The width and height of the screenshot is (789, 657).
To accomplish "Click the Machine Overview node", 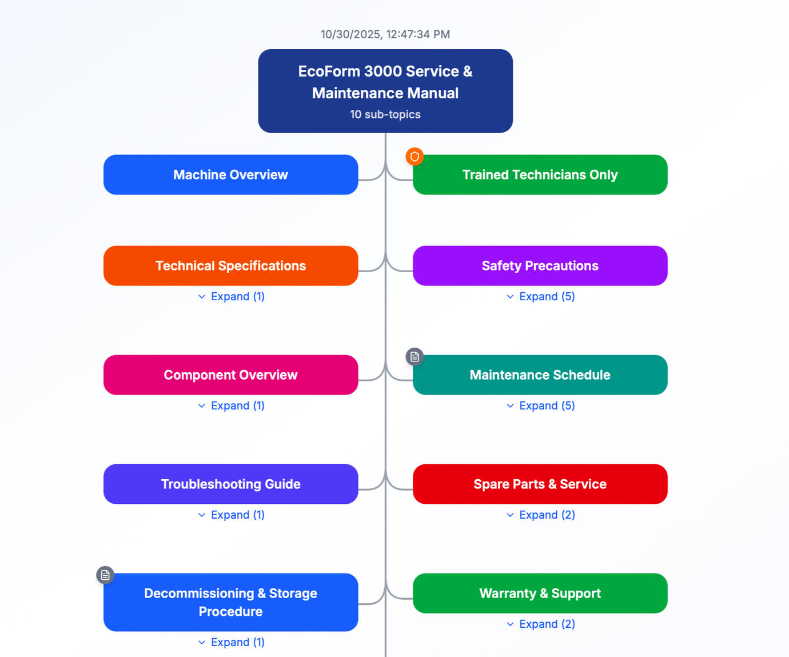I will tap(230, 175).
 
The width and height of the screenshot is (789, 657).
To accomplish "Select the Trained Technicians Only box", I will tap(540, 175).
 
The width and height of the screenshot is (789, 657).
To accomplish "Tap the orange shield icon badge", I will tap(415, 156).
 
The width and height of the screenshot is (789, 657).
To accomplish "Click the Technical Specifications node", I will tap(230, 266).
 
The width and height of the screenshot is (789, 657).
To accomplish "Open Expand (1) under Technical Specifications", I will tap(231, 297).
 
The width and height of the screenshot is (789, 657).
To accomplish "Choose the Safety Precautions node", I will tap(540, 266).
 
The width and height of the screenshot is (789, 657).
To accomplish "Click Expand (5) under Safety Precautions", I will tap(540, 297).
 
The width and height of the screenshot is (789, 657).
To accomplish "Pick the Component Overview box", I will tap(230, 375).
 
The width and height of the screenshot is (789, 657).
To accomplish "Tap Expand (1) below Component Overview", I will tap(231, 406).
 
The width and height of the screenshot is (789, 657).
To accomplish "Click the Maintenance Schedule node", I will tap(540, 375).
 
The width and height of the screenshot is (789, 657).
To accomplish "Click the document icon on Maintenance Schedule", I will tap(415, 357).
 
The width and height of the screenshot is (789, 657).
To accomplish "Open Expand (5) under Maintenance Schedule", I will tap(540, 406).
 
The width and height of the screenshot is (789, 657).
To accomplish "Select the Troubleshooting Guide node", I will tap(230, 484).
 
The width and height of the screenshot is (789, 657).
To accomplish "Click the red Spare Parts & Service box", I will tap(540, 484).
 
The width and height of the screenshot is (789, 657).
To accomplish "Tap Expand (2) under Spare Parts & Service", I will tap(540, 515).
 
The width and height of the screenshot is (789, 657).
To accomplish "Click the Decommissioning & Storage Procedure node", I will tap(230, 602).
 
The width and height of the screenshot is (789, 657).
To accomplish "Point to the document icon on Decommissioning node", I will tap(105, 575).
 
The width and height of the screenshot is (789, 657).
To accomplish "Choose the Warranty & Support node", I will tap(540, 594).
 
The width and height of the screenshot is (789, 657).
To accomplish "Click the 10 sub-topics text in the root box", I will tap(385, 114).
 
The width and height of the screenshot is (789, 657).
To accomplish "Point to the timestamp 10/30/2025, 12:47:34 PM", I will tap(385, 34).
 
